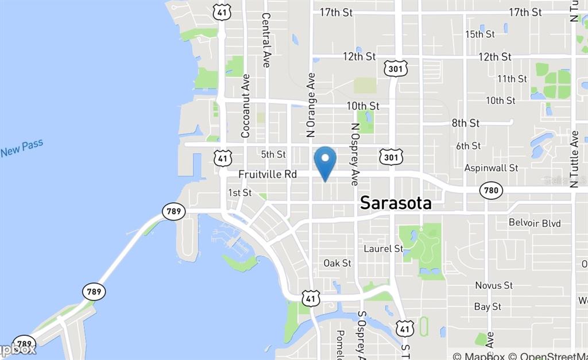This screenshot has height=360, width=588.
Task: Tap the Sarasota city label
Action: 396,203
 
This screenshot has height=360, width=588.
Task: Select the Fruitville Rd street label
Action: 267,173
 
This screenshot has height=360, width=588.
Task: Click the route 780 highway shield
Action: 491,190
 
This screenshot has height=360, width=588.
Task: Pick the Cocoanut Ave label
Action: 246,106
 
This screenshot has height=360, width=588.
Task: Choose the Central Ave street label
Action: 266,40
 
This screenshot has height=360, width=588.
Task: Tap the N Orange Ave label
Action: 312,104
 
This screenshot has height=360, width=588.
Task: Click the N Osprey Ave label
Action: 355,154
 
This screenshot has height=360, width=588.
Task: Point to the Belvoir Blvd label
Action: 535,223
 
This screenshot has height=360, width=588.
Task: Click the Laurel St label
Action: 384,249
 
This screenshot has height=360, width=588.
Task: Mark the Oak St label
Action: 337,263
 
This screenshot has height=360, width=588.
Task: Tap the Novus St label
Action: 494,285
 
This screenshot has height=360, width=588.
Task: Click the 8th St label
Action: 465,123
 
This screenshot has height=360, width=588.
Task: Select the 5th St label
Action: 273,154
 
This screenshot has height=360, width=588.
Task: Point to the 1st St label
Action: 239,192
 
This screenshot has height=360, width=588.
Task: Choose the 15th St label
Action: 480,34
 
